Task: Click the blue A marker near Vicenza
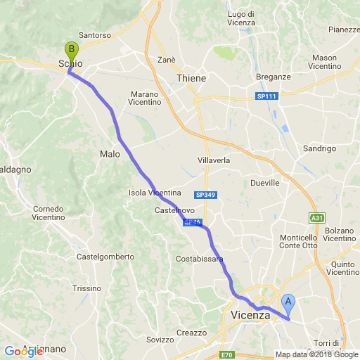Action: click(x=288, y=304)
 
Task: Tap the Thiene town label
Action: click(x=191, y=78)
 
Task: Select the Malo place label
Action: click(x=110, y=154)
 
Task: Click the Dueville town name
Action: click(x=265, y=183)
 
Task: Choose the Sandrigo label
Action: click(x=319, y=148)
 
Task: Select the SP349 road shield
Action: click(x=205, y=194)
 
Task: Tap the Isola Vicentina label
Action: click(x=155, y=193)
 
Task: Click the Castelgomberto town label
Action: click(x=105, y=257)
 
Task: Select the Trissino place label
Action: click(x=86, y=288)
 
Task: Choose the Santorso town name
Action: click(x=95, y=34)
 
